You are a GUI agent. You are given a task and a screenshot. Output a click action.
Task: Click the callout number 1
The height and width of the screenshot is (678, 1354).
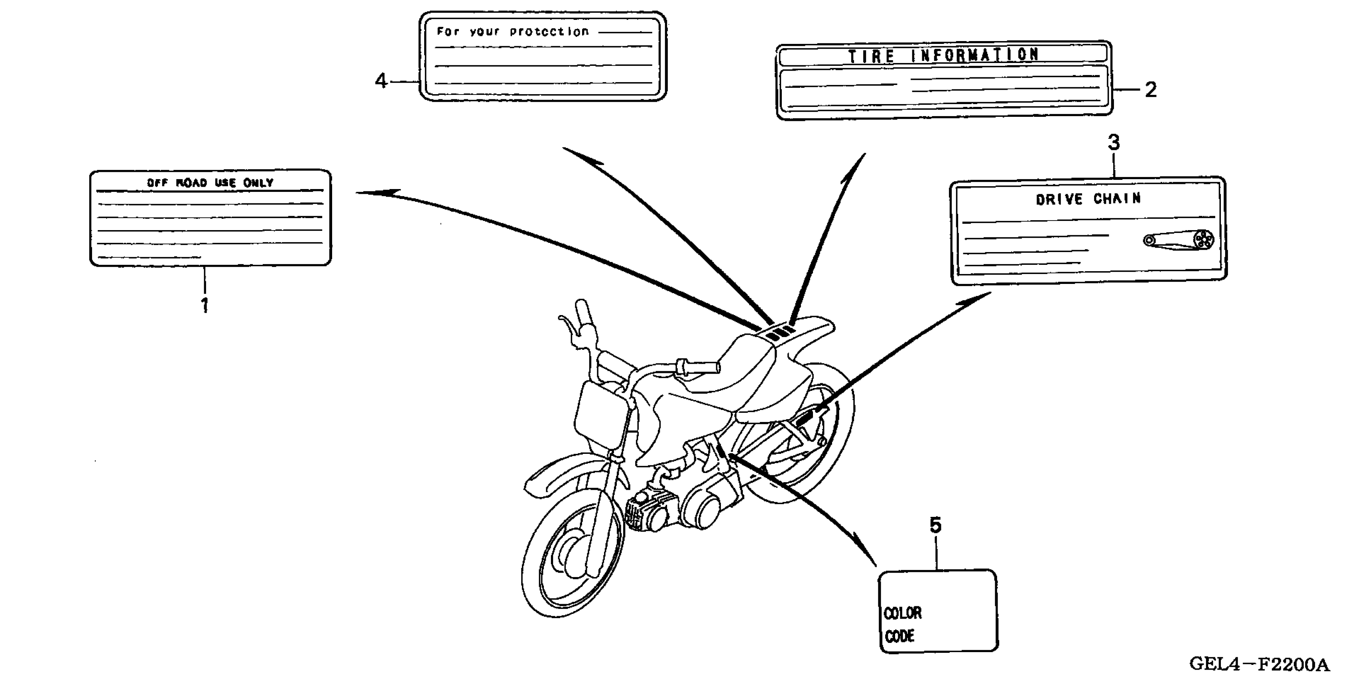coord(205,305)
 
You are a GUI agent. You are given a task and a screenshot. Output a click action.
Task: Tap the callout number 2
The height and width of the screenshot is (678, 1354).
coord(1151,90)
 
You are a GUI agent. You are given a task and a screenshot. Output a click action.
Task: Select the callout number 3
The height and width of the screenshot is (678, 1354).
coord(1114,142)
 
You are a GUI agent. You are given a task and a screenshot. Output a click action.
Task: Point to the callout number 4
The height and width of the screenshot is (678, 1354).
coord(380,81)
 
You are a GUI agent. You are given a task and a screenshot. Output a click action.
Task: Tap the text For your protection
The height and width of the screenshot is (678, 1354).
coord(512,32)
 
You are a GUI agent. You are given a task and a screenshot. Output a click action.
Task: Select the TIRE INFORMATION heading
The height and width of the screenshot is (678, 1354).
coord(943,55)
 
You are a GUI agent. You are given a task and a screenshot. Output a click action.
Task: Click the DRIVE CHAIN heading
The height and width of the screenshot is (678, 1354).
coord(1088,199)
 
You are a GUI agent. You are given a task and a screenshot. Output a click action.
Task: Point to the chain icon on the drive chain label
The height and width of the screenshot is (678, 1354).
coord(1179,240)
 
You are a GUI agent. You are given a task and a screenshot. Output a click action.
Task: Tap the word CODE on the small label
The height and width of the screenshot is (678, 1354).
coord(899,637)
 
